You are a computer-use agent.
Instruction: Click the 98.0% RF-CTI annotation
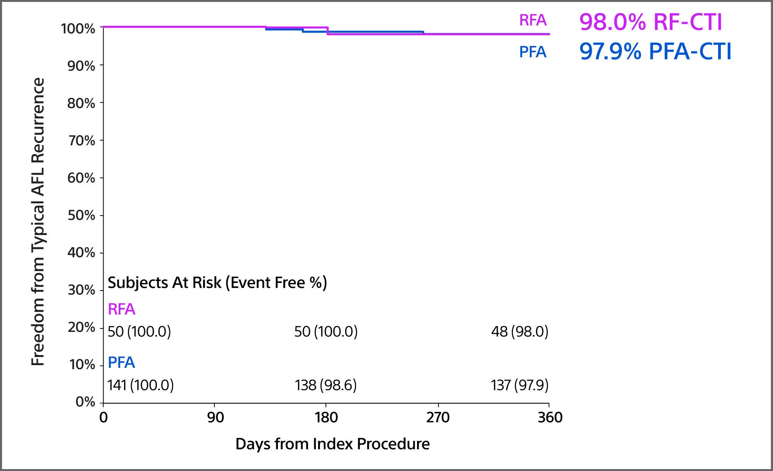pyautogui.click(x=650, y=22)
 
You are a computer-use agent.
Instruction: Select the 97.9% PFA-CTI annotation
pyautogui.click(x=655, y=51)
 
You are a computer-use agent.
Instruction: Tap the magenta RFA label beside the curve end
pyautogui.click(x=533, y=20)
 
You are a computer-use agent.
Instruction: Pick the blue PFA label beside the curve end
pyautogui.click(x=533, y=52)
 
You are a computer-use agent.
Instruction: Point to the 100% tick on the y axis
pyautogui.click(x=78, y=29)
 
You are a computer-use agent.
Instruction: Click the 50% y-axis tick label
pyautogui.click(x=81, y=215)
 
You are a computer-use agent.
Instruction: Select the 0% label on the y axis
pyautogui.click(x=85, y=402)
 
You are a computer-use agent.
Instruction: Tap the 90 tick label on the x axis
pyautogui.click(x=215, y=418)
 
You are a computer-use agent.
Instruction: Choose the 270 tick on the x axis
pyautogui.click(x=438, y=418)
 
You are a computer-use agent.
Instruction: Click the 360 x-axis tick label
pyautogui.click(x=550, y=418)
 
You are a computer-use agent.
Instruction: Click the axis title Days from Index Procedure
pyautogui.click(x=332, y=444)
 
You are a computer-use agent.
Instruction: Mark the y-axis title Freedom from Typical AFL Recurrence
pyautogui.click(x=38, y=222)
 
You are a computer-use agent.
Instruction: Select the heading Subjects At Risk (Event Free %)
pyautogui.click(x=217, y=283)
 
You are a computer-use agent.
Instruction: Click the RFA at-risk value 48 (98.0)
pyautogui.click(x=519, y=332)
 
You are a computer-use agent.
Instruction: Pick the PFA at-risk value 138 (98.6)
pyautogui.click(x=325, y=385)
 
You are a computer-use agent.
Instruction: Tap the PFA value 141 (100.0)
pyautogui.click(x=140, y=385)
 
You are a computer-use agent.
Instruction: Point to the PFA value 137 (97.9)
pyautogui.click(x=519, y=385)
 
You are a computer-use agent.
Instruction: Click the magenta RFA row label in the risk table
pyautogui.click(x=121, y=309)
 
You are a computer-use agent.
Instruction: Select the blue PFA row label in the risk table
pyautogui.click(x=121, y=363)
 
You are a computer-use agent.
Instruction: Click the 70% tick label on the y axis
pyautogui.click(x=82, y=141)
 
